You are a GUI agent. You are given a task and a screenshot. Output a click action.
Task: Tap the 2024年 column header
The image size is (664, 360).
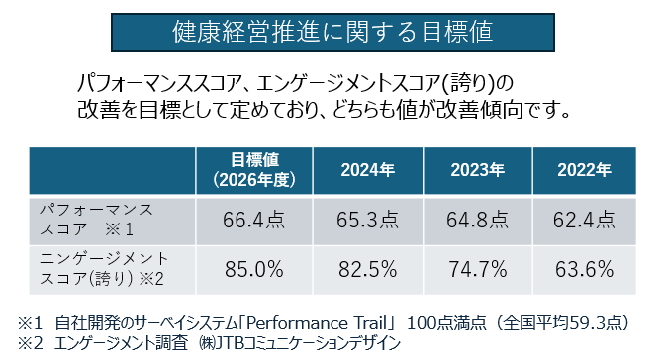click(367, 170)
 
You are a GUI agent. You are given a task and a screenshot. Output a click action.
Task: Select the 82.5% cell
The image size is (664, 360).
click(367, 267)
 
